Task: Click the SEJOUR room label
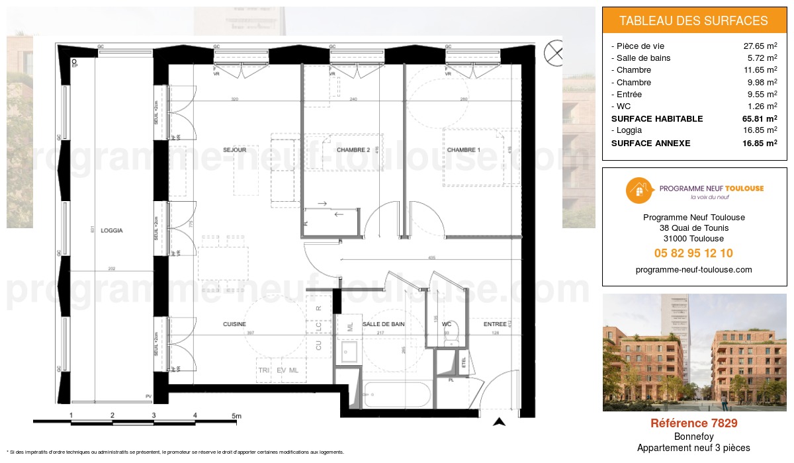click(x=234, y=150)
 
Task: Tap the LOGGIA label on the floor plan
click(x=112, y=231)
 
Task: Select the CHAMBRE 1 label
click(x=464, y=150)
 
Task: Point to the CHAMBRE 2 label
click(x=353, y=150)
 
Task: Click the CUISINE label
click(x=234, y=324)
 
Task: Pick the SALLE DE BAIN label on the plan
click(x=383, y=324)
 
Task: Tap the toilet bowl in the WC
click(x=453, y=339)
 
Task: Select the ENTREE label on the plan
click(x=495, y=324)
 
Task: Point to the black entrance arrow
click(x=500, y=421)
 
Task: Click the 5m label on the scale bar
click(x=237, y=415)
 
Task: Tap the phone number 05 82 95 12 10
click(x=693, y=253)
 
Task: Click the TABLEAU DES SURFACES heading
click(x=693, y=21)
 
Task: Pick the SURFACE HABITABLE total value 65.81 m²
click(x=760, y=119)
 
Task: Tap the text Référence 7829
click(x=693, y=423)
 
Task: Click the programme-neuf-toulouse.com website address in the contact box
click(x=693, y=269)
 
